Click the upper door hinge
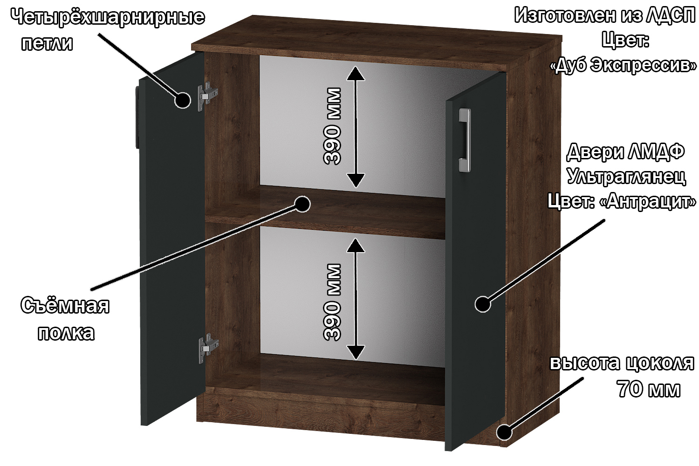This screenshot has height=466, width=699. (x=207, y=96)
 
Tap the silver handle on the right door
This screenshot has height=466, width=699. (x=465, y=140)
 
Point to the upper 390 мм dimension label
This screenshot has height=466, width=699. (x=332, y=126)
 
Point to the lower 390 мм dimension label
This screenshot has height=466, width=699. (x=332, y=302)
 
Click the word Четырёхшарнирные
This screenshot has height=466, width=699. (x=108, y=17)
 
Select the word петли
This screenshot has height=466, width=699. (x=47, y=43)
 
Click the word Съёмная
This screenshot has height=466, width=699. (x=65, y=305)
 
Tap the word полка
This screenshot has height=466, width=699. (x=66, y=333)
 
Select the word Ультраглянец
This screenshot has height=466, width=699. (x=626, y=177)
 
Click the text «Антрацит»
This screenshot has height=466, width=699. (x=648, y=201)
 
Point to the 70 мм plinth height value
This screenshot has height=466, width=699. (x=649, y=389)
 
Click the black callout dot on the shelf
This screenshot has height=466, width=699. (x=302, y=204)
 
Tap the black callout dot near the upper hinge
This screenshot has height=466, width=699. (x=183, y=100)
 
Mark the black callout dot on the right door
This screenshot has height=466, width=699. (x=483, y=304)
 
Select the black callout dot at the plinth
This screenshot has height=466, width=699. (x=504, y=432)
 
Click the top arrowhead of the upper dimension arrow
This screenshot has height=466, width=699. (x=356, y=73)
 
